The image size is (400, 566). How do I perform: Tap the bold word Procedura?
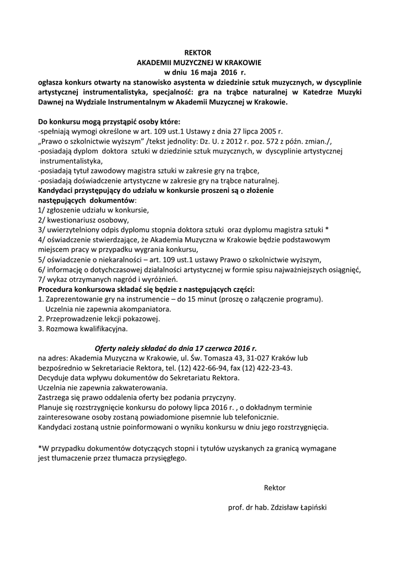pyautogui.click(x=57, y=289)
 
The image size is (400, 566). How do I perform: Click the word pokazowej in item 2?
pyautogui.click(x=142, y=319)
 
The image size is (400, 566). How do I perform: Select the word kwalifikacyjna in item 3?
pyautogui.click(x=100, y=329)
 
